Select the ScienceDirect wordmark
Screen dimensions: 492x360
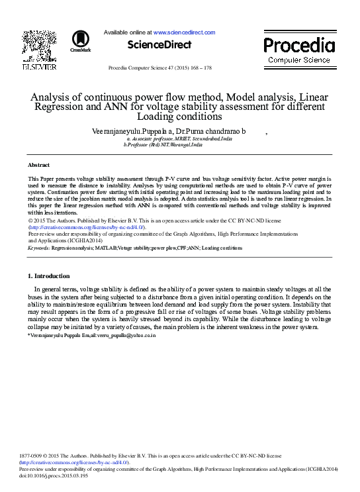click(159, 45)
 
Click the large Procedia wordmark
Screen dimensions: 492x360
click(299, 46)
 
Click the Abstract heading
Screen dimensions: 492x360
click(38, 164)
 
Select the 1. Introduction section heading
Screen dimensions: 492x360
click(48, 275)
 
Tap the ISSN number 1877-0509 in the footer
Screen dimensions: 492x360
click(32, 456)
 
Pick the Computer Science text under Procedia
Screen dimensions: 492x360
click(299, 60)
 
